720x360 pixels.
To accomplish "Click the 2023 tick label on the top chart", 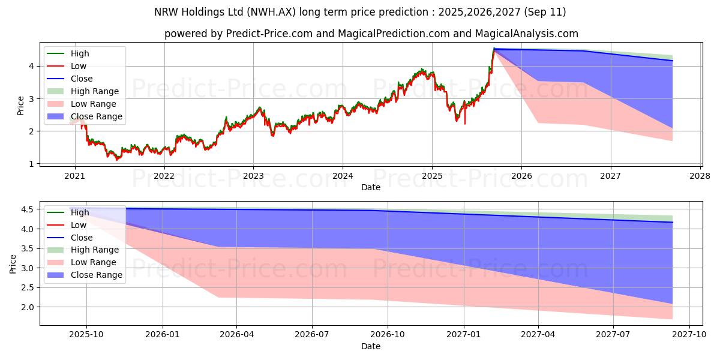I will coord(253,176).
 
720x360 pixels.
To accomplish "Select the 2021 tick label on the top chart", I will coord(74,176).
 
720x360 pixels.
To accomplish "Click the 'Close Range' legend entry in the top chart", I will coord(96,116).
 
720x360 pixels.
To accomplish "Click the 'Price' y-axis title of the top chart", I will coord(20,106).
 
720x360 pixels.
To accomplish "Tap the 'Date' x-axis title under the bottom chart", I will coord(370,346).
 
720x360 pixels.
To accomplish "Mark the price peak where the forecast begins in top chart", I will coord(494,49).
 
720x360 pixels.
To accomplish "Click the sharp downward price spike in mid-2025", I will coord(464,123).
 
